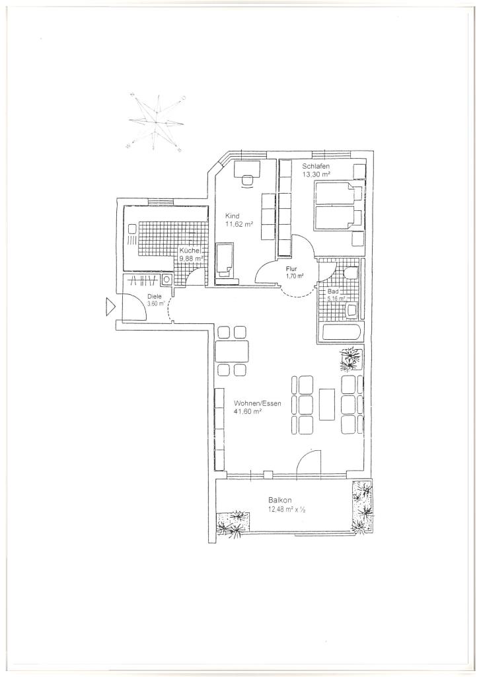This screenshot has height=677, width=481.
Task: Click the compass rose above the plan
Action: pyautogui.click(x=156, y=122)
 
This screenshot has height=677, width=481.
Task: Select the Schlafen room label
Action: pyautogui.click(x=316, y=166)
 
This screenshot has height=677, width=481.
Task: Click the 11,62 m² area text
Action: pyautogui.click(x=239, y=224)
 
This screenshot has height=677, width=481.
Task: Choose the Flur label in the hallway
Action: pyautogui.click(x=291, y=268)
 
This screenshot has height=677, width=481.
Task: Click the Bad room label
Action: pyautogui.click(x=332, y=292)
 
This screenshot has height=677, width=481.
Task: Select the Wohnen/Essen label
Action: pyautogui.click(x=258, y=404)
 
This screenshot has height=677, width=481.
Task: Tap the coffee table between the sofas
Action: pyautogui.click(x=327, y=404)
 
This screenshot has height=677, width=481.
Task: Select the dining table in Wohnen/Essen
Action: pyautogui.click(x=232, y=351)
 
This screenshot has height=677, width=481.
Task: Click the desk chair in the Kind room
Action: pyautogui.click(x=247, y=181)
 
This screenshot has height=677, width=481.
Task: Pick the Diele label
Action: pyautogui.click(x=154, y=297)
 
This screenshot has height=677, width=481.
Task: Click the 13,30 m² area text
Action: pyautogui.click(x=316, y=174)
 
